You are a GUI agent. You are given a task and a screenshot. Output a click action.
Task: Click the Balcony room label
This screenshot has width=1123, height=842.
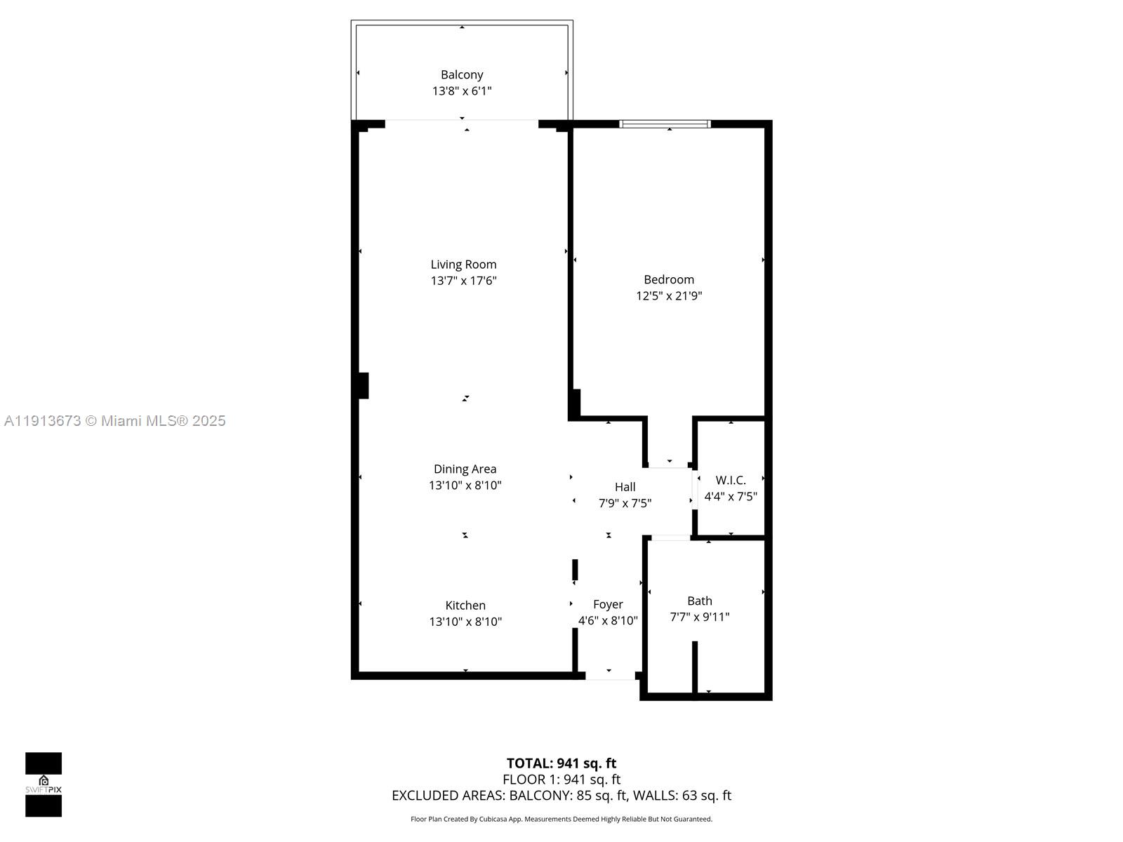[462, 74]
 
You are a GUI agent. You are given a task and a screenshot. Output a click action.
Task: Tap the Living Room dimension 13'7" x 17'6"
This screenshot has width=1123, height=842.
[463, 281]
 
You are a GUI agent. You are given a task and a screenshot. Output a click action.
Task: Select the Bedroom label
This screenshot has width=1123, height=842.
[669, 279]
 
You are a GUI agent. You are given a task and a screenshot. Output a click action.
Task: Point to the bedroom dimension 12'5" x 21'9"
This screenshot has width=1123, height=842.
[669, 295]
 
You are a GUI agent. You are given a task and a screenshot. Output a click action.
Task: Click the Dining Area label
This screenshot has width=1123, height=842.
[465, 469]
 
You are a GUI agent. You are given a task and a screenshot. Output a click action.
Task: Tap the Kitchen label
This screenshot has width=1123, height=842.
[465, 605]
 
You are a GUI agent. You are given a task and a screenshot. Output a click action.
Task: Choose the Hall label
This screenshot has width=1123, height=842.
[625, 486]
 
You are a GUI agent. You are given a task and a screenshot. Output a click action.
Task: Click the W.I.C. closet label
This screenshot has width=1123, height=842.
[731, 480]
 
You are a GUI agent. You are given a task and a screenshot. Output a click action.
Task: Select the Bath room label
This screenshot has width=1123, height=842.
[699, 601]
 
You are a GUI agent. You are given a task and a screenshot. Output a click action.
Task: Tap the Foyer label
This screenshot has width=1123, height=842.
[608, 604]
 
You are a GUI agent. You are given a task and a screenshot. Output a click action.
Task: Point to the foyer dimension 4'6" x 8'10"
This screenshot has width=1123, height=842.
[608, 620]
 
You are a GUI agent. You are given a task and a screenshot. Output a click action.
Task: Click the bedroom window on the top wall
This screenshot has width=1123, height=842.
[665, 124]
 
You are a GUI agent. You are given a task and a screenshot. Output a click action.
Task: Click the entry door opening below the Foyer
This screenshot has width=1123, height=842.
[610, 676]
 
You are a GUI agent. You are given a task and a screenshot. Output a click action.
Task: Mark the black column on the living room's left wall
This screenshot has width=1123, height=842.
[363, 385]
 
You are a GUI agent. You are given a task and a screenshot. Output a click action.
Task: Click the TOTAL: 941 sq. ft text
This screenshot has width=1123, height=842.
[561, 763]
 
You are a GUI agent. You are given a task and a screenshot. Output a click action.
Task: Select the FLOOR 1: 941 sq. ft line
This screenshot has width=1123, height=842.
[561, 779]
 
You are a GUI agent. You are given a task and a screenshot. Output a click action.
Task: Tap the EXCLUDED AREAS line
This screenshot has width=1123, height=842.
[561, 795]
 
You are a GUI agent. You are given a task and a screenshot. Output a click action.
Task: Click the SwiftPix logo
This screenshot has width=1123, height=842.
[44, 784]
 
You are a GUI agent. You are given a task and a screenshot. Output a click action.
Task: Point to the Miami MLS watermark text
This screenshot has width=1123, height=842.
[115, 420]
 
